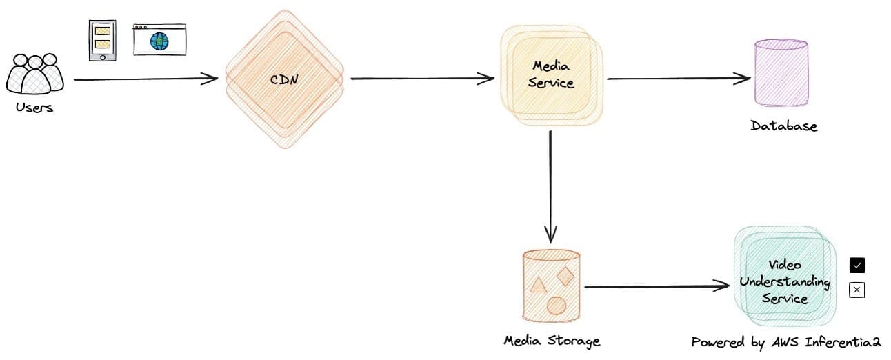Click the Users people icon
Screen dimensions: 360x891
coord(34,74)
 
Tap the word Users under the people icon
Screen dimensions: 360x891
coord(34,108)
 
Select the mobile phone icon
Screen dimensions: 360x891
coord(102,40)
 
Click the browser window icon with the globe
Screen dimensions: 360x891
coord(159,39)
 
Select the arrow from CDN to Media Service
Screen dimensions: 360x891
coord(422,79)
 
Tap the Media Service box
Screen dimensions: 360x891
coord(553,74)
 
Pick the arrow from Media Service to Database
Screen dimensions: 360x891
coord(679,78)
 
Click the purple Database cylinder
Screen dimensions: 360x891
coord(780,72)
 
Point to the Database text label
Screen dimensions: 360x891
coord(783,126)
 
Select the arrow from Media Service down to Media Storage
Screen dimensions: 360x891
coord(550,186)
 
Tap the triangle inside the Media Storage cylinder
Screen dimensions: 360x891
coord(539,284)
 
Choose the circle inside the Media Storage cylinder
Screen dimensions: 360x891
coord(556,305)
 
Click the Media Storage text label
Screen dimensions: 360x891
coord(552,341)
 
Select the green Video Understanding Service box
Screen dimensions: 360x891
coord(784,282)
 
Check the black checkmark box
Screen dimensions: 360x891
coord(857,266)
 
